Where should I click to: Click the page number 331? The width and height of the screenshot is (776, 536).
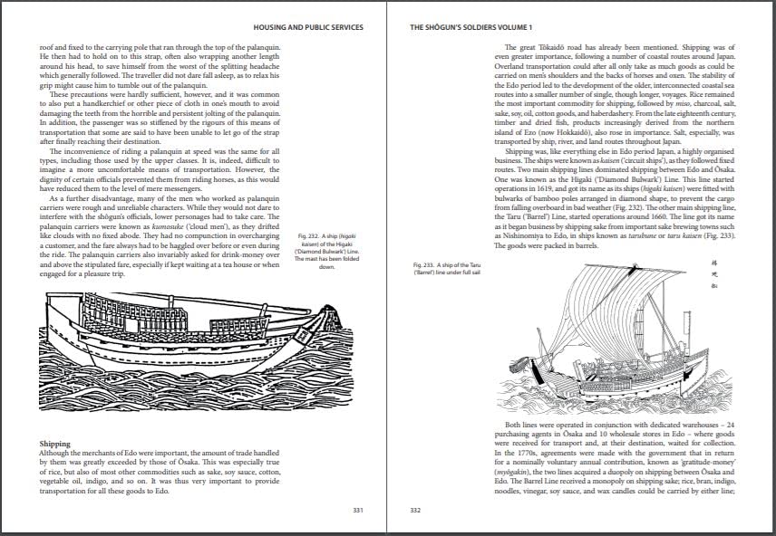(357, 511)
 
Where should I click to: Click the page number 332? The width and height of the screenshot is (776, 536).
(416, 511)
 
